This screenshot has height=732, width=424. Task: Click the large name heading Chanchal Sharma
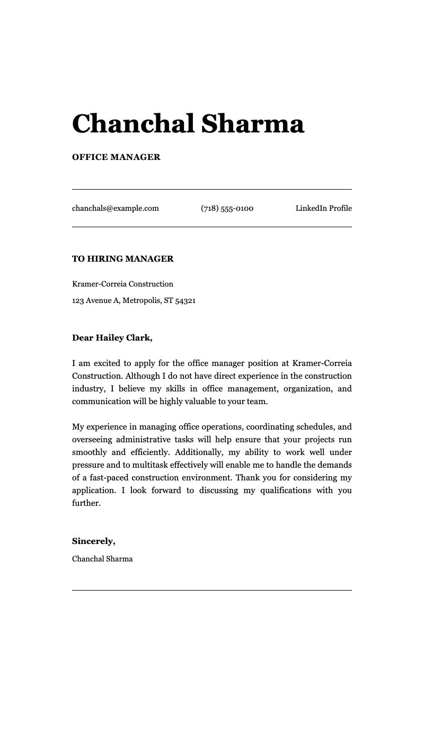click(x=188, y=124)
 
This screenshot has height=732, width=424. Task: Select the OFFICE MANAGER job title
click(x=116, y=157)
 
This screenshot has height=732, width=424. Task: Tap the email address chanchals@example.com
click(x=116, y=208)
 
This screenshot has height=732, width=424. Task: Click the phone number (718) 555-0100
click(x=227, y=208)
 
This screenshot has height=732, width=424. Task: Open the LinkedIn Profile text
click(x=323, y=208)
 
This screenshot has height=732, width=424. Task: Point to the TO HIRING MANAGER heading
click(x=123, y=259)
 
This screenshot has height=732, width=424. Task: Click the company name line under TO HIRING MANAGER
click(x=122, y=284)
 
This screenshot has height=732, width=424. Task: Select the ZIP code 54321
click(x=185, y=301)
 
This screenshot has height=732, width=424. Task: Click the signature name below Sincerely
click(x=102, y=559)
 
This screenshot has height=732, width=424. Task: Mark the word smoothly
click(x=89, y=452)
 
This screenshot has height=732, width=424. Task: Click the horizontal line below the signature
click(x=212, y=590)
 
